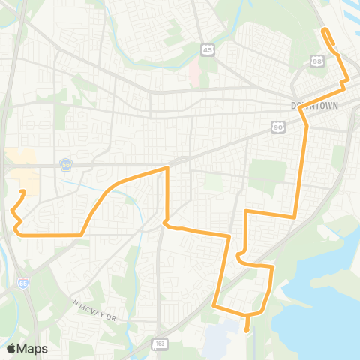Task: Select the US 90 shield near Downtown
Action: click(279, 128)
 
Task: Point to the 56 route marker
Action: click(66, 164)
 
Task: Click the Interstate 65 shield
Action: click(25, 285)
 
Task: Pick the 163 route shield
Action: click(161, 343)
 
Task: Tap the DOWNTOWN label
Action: click(313, 106)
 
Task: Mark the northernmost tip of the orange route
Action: click(324, 30)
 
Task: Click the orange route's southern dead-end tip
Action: click(247, 328)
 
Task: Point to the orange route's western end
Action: click(22, 192)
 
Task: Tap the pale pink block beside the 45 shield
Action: click(194, 73)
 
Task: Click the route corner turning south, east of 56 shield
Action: click(166, 169)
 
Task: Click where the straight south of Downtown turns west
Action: click(295, 216)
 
